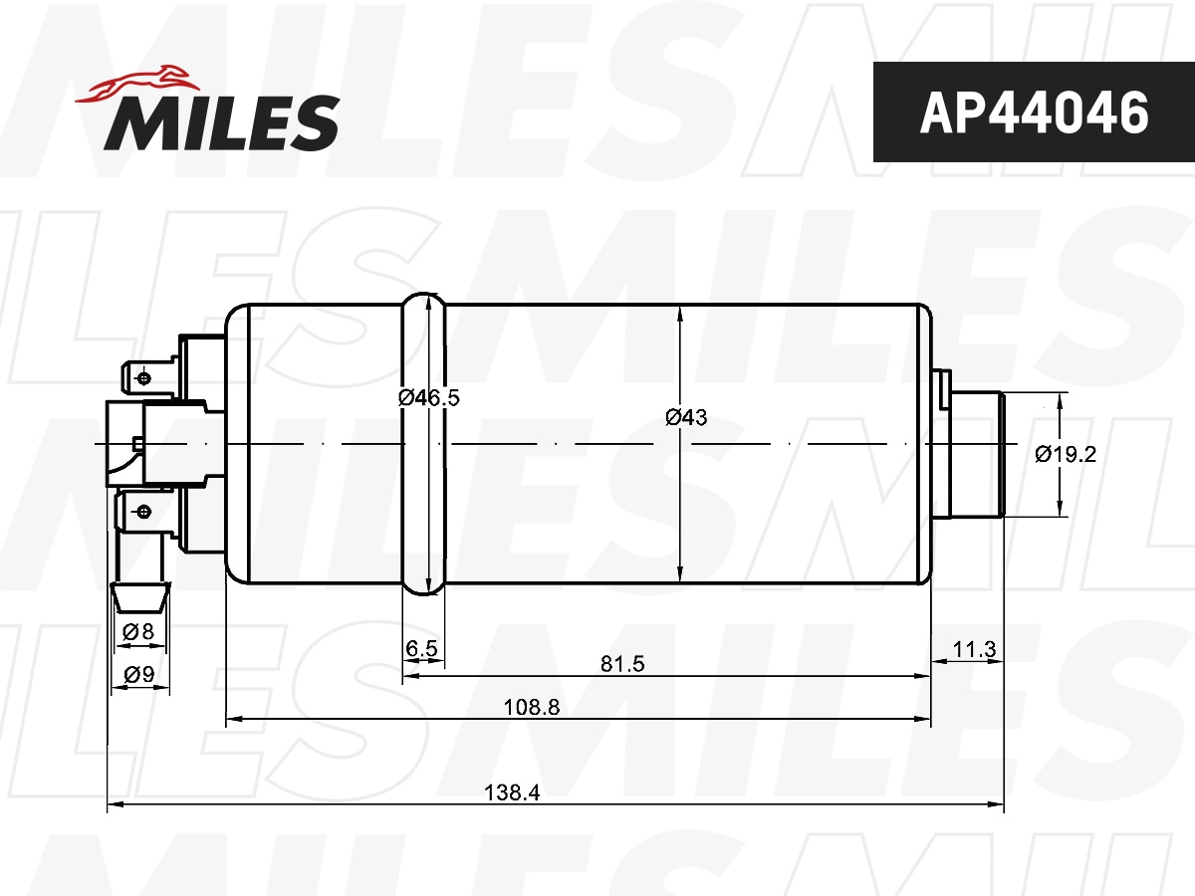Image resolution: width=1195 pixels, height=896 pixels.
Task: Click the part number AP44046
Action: tap(1034, 112)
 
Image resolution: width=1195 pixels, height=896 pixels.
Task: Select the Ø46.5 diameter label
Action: tap(428, 397)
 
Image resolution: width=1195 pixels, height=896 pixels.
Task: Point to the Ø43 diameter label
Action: tap(686, 418)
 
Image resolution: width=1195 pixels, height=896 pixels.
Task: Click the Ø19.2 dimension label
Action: tap(1066, 454)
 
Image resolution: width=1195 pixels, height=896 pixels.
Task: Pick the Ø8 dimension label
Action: tap(137, 631)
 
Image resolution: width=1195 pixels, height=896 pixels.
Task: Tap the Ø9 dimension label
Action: tap(138, 675)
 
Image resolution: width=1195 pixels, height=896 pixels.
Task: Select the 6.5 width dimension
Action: tap(422, 649)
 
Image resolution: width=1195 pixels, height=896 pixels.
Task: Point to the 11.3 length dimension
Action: tap(974, 649)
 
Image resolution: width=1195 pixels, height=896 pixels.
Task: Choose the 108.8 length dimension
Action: tap(532, 707)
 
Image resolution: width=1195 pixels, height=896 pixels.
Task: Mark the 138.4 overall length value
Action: tap(511, 792)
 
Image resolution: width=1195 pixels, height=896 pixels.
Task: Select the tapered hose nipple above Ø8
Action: tap(137, 596)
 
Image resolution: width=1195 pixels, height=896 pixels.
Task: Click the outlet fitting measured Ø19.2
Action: tap(976, 454)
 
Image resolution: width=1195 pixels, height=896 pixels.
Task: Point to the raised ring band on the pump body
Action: tap(422, 443)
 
